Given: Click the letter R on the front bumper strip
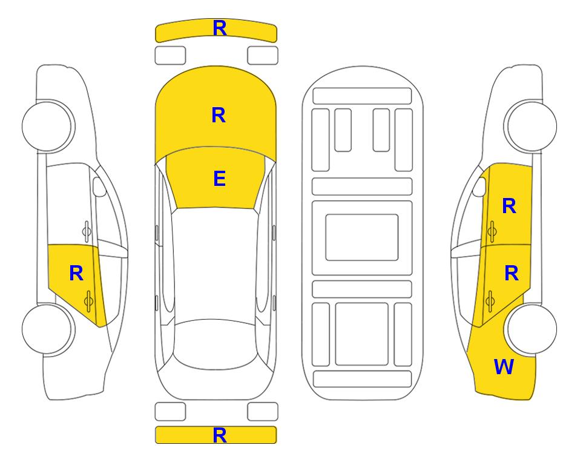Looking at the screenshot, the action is click(219, 28).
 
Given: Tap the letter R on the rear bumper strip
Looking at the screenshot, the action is click(219, 435).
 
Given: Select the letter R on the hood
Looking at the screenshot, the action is click(219, 115).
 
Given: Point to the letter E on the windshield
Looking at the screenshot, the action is click(219, 179).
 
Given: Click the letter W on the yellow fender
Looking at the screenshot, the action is click(504, 367).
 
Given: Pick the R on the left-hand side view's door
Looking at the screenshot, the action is click(76, 274).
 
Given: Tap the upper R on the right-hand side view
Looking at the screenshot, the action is click(509, 206).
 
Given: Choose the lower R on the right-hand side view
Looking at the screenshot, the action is click(511, 274).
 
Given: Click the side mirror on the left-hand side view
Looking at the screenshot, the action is click(99, 186).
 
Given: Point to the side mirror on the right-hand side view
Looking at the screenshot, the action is click(479, 186).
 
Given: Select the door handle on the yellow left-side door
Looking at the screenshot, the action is click(88, 301).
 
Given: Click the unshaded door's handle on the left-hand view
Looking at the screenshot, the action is click(87, 231).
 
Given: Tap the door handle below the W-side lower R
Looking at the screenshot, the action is click(490, 301).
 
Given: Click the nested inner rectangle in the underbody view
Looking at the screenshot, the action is click(362, 237).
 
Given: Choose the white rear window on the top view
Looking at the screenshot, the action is click(215, 344).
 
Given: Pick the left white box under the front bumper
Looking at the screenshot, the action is click(170, 56).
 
